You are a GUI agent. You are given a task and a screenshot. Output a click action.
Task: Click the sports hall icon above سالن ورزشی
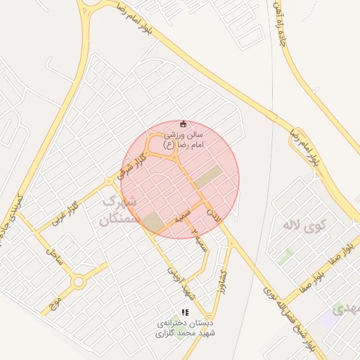(x=184, y=123)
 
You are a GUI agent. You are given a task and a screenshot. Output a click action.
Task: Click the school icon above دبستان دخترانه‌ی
(x=185, y=312)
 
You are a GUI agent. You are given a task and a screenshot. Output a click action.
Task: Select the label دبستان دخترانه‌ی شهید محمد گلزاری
(x=185, y=328)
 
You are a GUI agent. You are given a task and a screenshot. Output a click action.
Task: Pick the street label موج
(x=54, y=303)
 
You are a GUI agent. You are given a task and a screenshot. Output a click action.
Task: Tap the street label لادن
(x=215, y=215)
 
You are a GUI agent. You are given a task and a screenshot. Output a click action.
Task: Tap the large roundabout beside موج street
(x=79, y=282)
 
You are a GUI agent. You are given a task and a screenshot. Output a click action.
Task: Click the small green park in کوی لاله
(x=285, y=257)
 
